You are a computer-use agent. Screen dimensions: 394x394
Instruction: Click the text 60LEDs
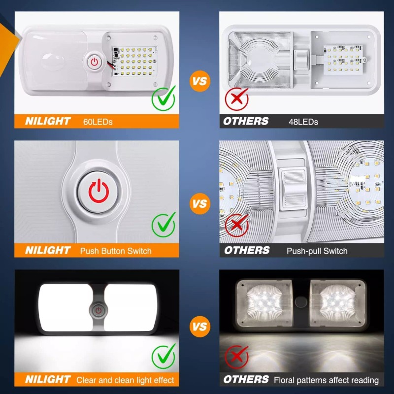coord(98,121)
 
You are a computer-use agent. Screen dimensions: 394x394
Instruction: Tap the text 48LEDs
coord(303,121)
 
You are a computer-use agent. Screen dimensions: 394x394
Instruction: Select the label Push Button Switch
coord(116,251)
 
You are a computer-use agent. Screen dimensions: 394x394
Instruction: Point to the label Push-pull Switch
coord(317,251)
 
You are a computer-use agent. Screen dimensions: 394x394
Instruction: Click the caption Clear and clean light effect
coord(125,380)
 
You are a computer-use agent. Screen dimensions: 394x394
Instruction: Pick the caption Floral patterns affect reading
coord(326,380)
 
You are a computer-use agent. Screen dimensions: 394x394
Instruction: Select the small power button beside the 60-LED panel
coord(94,62)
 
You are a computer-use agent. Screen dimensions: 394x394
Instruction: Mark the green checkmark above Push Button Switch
coord(163,225)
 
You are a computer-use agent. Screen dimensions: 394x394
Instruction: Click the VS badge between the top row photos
coord(199,81)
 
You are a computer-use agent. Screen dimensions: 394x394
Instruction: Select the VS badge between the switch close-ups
coord(199,202)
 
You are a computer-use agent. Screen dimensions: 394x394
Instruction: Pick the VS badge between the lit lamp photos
coord(199,326)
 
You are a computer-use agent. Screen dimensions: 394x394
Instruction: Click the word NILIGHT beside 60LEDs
coord(47,121)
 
